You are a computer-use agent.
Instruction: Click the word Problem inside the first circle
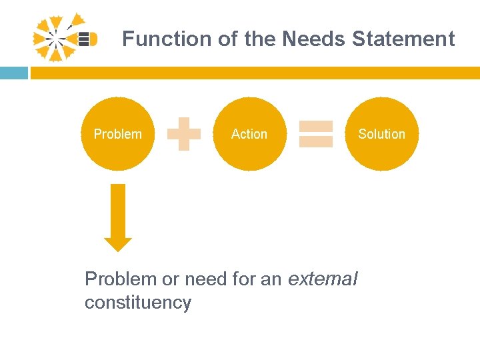[117, 134]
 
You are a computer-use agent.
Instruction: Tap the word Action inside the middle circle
[249, 134]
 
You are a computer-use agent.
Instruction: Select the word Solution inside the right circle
[381, 134]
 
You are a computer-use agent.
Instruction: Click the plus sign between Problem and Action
[184, 134]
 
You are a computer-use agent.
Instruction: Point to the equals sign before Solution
[316, 133]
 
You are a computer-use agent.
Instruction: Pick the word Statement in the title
[403, 39]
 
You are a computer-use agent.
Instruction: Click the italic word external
[323, 279]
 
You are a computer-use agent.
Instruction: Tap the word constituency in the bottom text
[137, 303]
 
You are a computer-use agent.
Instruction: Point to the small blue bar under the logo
[13, 73]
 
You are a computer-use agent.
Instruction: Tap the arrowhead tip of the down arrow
[118, 248]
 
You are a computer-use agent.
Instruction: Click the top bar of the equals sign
[316, 126]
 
